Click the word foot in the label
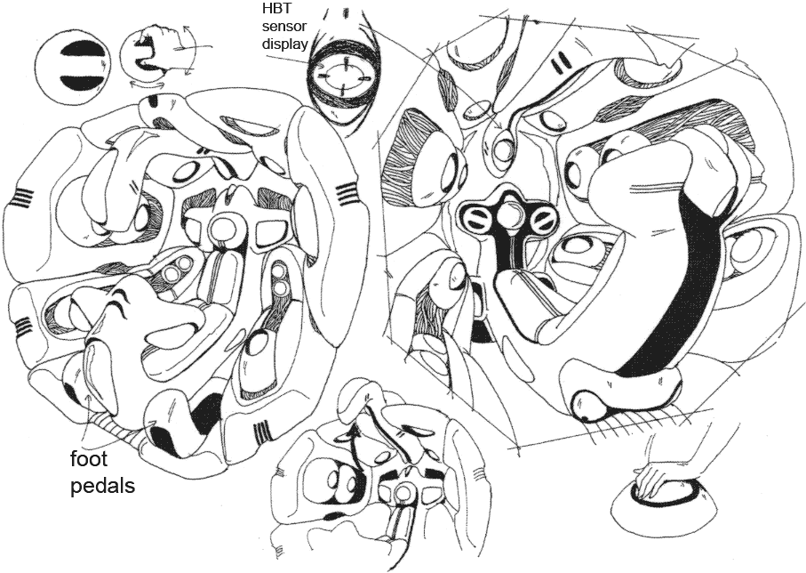click(x=88, y=459)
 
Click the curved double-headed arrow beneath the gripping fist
click(x=141, y=84)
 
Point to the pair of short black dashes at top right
click(x=561, y=64)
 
